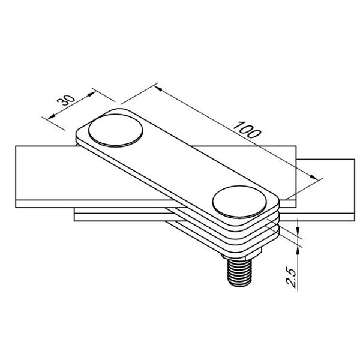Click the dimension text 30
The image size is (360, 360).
pyautogui.click(x=66, y=100)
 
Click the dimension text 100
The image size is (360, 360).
pyautogui.click(x=247, y=130)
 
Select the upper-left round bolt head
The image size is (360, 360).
pyautogui.click(x=115, y=130)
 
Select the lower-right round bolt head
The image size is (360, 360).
pyautogui.click(x=239, y=202)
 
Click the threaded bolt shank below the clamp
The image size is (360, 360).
pyautogui.click(x=240, y=272)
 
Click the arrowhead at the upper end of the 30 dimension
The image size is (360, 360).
pyautogui.click(x=92, y=94)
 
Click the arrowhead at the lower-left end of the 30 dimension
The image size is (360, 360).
pyautogui.click(x=51, y=116)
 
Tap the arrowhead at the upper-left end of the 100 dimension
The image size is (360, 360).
pyautogui.click(x=158, y=89)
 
